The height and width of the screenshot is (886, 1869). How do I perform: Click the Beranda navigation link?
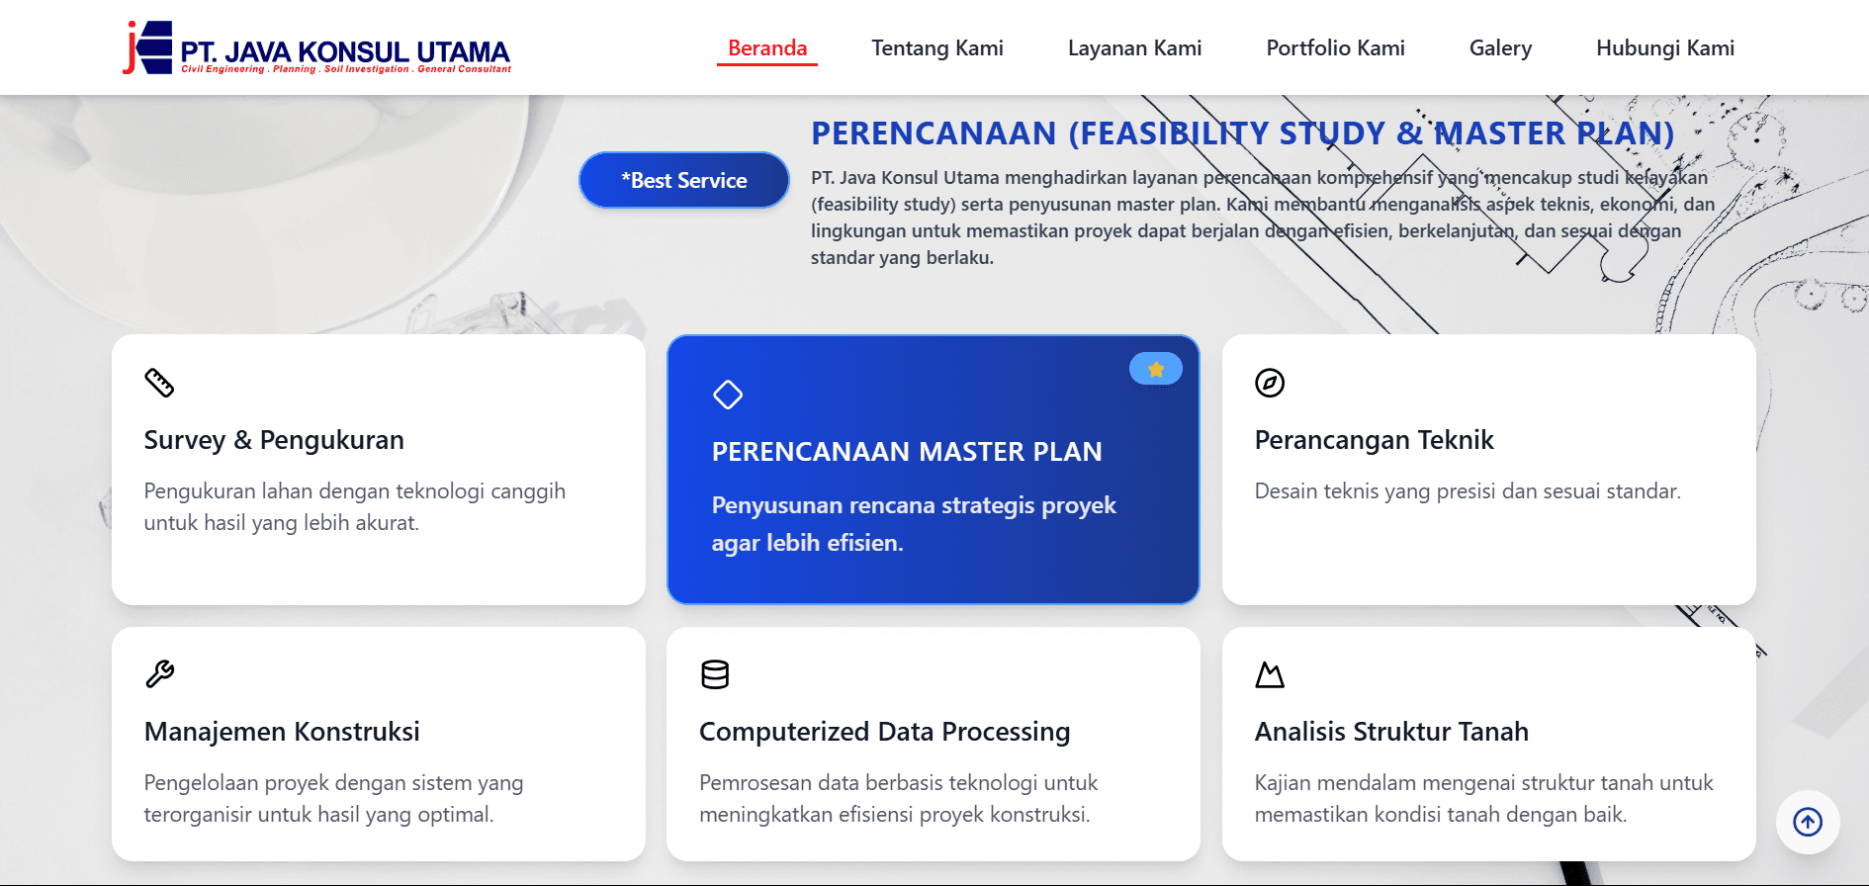(767, 48)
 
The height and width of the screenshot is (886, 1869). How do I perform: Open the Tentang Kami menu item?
(936, 48)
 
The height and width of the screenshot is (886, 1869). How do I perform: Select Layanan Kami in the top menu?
(1134, 48)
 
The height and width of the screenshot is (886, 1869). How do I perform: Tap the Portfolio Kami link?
(1335, 48)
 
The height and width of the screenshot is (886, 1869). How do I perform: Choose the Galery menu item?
(1500, 48)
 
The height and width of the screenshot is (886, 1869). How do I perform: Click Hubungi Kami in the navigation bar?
(1664, 48)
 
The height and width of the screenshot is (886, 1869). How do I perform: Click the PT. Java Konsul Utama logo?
(316, 48)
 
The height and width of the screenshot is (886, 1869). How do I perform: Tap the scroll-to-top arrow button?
(1808, 822)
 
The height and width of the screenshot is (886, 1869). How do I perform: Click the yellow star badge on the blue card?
(1155, 369)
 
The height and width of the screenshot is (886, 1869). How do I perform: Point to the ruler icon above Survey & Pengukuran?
(159, 383)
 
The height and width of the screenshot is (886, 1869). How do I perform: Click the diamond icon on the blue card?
(728, 395)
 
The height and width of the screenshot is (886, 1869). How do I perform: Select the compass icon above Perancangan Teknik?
(1270, 383)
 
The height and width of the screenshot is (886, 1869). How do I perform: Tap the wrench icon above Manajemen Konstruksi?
(159, 674)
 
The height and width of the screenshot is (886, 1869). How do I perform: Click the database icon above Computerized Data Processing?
(715, 674)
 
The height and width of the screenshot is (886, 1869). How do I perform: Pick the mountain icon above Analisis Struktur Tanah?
(1270, 675)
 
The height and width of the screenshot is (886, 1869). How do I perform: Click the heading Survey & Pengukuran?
(274, 440)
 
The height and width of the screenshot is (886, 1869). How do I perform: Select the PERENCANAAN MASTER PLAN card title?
(906, 452)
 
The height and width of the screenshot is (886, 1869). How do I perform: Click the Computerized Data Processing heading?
(884, 732)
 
